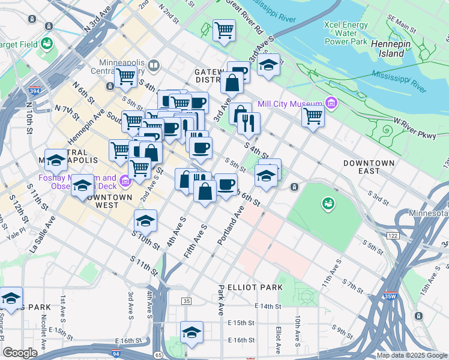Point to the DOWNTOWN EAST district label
coord(369,167)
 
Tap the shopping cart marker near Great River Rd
coord(224,29)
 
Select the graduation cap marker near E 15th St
coord(191,332)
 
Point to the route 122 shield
coord(393,236)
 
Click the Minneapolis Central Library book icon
coord(154,65)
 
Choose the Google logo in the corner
coord(20,353)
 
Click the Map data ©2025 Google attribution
coord(411,355)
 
